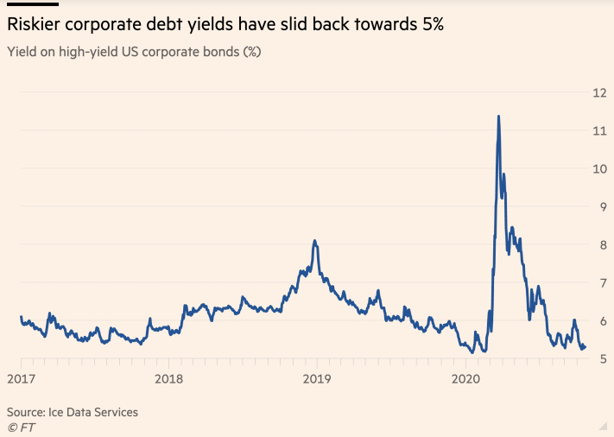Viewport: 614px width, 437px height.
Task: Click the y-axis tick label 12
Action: pyautogui.click(x=597, y=92)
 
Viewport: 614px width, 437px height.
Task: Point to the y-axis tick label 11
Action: pyautogui.click(x=597, y=130)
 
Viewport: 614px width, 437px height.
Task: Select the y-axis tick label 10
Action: pyautogui.click(x=597, y=168)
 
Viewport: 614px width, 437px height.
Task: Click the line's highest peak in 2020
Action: pyautogui.click(x=498, y=117)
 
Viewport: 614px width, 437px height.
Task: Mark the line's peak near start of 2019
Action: pyautogui.click(x=315, y=241)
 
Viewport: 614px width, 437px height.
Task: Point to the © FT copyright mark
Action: pyautogui.click(x=22, y=427)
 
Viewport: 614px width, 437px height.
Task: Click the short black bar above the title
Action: pyautogui.click(x=33, y=3)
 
